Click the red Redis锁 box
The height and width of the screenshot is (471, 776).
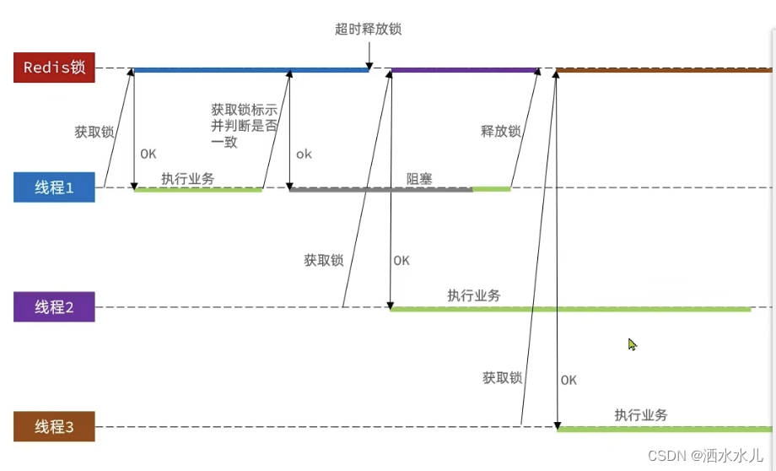click(54, 68)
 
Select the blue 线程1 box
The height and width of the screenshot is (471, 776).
click(54, 187)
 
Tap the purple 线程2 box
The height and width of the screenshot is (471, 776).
click(54, 307)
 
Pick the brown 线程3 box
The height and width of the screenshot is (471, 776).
click(54, 427)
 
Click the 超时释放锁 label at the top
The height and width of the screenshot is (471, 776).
click(368, 30)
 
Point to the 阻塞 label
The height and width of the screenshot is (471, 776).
click(419, 178)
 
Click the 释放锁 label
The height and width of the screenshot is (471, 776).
click(501, 132)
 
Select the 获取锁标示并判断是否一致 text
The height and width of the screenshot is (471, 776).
click(245, 126)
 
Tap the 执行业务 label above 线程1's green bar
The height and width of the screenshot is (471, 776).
click(187, 178)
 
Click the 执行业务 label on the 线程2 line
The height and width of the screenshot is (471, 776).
click(474, 295)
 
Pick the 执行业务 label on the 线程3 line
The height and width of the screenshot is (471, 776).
click(641, 415)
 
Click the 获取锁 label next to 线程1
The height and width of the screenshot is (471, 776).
click(94, 132)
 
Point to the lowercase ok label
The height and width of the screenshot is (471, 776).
click(304, 154)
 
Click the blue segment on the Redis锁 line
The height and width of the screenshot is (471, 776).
click(251, 70)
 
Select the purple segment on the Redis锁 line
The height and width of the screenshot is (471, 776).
click(465, 70)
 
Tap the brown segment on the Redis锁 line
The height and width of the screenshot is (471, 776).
click(662, 70)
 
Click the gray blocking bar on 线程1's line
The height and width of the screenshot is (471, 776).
click(380, 190)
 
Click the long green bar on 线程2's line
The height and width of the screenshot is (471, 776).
click(570, 310)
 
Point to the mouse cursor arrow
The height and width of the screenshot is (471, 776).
click(632, 344)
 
